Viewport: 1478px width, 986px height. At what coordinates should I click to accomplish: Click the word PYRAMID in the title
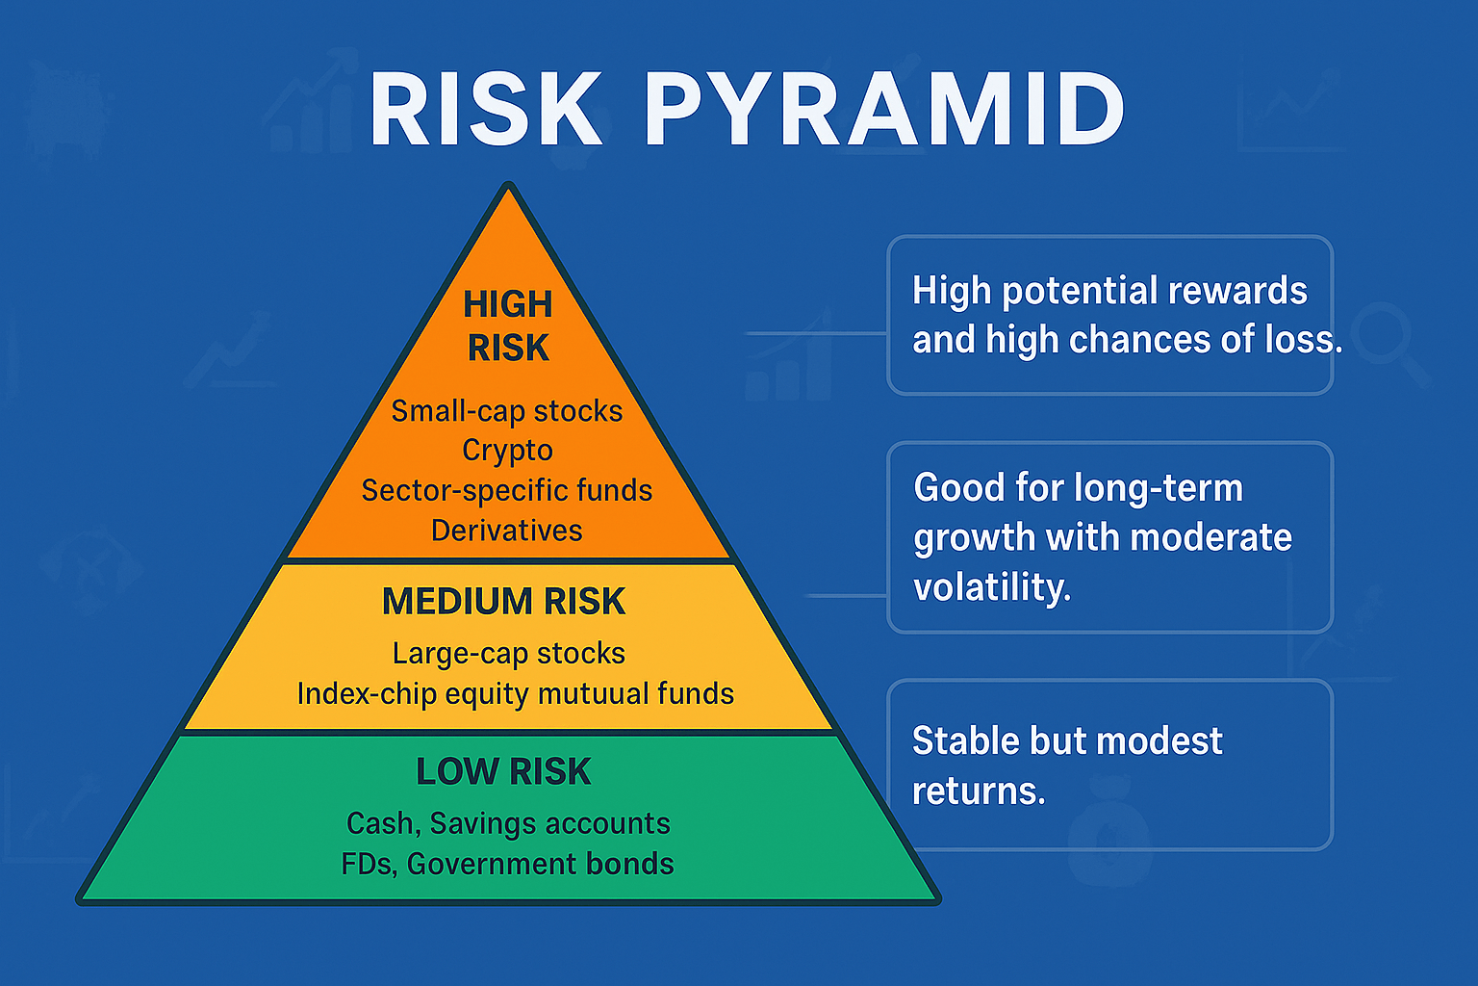tap(884, 108)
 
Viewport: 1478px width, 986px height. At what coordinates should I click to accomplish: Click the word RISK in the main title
tap(486, 108)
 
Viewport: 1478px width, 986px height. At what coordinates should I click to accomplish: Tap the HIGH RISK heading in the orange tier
tap(508, 325)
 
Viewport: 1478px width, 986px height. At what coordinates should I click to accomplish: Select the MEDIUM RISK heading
tap(503, 602)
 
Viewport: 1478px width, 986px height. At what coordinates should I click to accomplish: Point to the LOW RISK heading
tap(503, 771)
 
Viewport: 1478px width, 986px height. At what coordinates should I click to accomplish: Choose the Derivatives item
tap(507, 531)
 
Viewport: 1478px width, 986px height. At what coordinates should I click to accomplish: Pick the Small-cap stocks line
tap(507, 411)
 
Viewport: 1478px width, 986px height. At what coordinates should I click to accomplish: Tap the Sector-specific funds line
tap(507, 491)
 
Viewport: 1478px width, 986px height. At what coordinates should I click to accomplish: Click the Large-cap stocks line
tap(509, 654)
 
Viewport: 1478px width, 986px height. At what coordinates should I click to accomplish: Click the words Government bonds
tap(541, 865)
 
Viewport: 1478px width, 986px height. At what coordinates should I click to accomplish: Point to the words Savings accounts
tap(549, 824)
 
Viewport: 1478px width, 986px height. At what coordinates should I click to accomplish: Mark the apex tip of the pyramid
tap(509, 184)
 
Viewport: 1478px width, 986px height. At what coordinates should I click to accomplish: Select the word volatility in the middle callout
tap(992, 586)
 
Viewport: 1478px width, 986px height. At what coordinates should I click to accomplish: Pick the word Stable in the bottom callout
tap(965, 740)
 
